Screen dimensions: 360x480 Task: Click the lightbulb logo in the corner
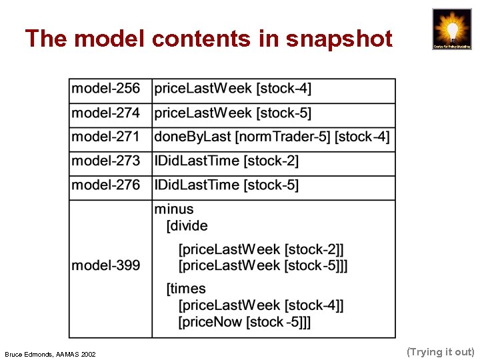click(x=451, y=29)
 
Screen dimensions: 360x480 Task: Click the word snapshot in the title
click(x=339, y=39)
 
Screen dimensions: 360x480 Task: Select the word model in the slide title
click(x=110, y=39)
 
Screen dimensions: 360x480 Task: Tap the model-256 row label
click(x=106, y=89)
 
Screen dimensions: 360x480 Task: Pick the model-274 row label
click(x=106, y=113)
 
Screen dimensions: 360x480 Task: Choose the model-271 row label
click(x=106, y=137)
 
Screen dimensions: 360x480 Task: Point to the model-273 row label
click(x=106, y=161)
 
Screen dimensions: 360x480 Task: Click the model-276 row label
click(x=106, y=185)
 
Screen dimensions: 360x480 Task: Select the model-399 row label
click(x=106, y=265)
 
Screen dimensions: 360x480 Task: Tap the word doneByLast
click(x=193, y=137)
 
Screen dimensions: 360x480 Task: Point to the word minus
click(x=174, y=209)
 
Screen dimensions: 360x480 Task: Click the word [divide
click(x=187, y=225)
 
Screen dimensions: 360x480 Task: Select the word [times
click(x=186, y=289)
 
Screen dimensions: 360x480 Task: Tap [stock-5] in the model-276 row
click(x=271, y=185)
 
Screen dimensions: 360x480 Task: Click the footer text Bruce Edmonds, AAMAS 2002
click(x=50, y=354)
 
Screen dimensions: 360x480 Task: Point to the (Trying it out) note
click(x=440, y=351)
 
